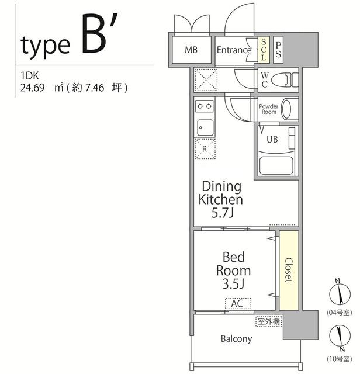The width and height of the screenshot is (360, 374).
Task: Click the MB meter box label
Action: click(191, 50)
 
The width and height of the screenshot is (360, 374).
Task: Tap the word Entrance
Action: click(234, 50)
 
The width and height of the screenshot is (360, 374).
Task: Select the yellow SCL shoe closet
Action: click(264, 50)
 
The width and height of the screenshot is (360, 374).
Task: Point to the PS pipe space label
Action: click(278, 50)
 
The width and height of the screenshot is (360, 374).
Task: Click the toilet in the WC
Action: click(285, 80)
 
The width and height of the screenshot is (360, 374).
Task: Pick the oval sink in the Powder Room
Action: click(286, 109)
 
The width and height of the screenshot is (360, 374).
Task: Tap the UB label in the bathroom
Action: click(272, 139)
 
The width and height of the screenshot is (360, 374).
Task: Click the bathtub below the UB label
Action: click(276, 165)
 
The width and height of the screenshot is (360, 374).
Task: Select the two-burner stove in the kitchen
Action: click(204, 106)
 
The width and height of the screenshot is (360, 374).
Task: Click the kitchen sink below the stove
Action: click(205, 127)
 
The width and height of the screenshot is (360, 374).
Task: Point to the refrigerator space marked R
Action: click(205, 149)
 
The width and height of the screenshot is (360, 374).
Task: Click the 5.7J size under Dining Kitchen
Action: click(222, 213)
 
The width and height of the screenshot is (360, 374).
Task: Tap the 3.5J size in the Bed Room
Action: click(233, 283)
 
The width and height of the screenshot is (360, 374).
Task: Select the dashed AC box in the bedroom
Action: click(238, 303)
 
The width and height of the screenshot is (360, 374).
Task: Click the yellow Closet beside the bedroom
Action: click(289, 270)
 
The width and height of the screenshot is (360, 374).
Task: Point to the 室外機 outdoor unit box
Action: click(269, 321)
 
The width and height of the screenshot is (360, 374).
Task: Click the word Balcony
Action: click(237, 339)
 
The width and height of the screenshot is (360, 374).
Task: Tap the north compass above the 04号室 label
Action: click(340, 293)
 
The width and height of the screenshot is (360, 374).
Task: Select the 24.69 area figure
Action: click(32, 88)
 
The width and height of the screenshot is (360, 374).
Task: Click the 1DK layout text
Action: click(30, 76)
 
